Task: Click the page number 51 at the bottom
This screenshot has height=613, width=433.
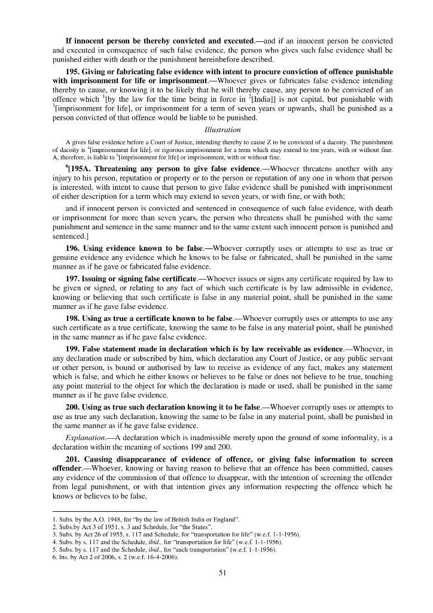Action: point(222,572)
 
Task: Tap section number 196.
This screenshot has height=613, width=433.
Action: point(74,248)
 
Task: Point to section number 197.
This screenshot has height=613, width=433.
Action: point(74,279)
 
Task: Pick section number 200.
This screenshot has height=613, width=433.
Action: point(74,407)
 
